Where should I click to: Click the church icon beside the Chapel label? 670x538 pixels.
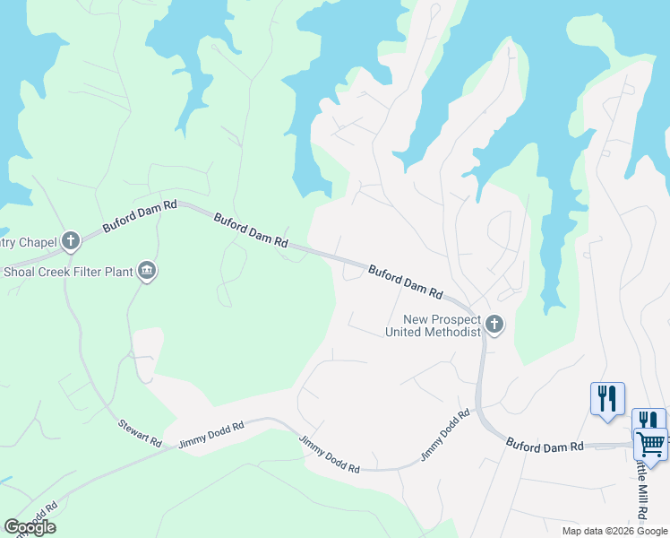(71, 240)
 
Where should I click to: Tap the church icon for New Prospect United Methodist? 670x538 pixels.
(494, 324)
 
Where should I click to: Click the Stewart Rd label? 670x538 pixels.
(140, 432)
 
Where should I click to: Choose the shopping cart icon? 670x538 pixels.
(651, 442)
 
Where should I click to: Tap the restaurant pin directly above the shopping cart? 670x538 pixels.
(649, 419)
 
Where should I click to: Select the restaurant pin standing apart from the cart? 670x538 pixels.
(607, 397)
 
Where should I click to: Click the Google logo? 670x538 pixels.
(30, 527)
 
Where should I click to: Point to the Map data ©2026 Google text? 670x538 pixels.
(614, 531)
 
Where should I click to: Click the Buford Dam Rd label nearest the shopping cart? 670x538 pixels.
(545, 444)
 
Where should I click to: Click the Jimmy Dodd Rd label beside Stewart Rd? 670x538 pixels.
(211, 435)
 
